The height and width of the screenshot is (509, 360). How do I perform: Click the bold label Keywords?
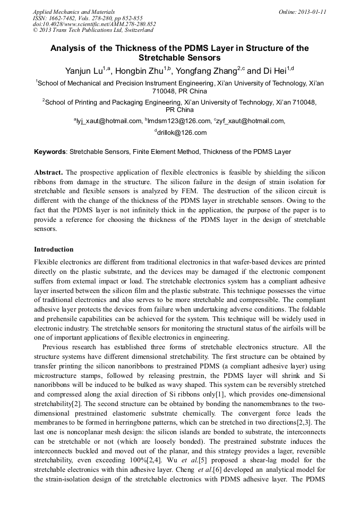(50, 152)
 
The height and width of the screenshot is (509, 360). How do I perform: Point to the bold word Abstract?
(48, 173)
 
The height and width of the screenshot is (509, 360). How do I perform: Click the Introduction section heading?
(54, 249)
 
